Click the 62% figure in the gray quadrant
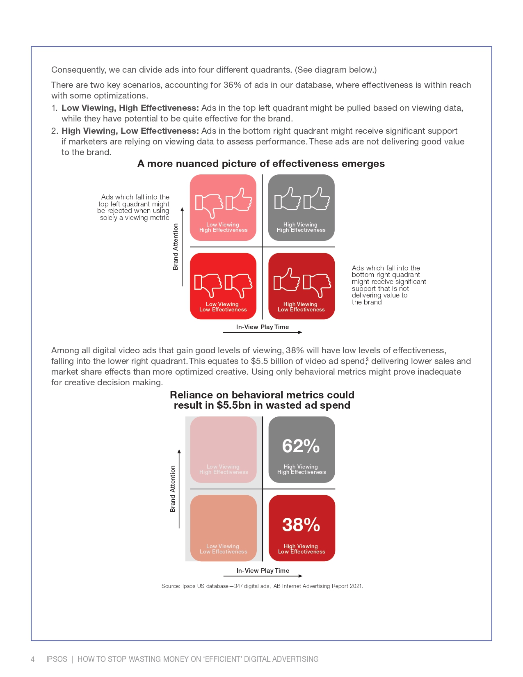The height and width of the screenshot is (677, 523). coord(301,446)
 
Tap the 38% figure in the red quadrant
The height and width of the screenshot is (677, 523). coord(301,525)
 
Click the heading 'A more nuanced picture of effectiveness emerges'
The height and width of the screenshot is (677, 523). coord(261,164)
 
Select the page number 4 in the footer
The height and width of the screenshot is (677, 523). coord(33,659)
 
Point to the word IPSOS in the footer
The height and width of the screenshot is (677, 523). coord(57,659)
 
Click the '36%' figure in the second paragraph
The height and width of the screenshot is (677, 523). coord(232,85)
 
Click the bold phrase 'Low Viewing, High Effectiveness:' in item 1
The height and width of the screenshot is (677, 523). coord(130,108)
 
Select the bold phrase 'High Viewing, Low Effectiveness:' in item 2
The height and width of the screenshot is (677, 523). coord(130,131)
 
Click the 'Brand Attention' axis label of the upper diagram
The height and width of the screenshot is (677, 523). coord(176,247)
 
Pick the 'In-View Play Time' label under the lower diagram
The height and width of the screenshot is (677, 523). coord(263,571)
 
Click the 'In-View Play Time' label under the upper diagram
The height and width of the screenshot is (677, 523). coord(263,327)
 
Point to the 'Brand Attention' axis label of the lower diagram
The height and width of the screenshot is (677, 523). coord(173,489)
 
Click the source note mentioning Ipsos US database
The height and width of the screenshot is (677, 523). coord(262,586)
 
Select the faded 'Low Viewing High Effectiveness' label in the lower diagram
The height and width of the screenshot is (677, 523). coord(224,469)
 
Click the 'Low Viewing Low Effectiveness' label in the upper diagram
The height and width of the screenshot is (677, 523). coord(223,307)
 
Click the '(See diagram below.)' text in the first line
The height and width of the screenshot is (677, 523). coord(336,70)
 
